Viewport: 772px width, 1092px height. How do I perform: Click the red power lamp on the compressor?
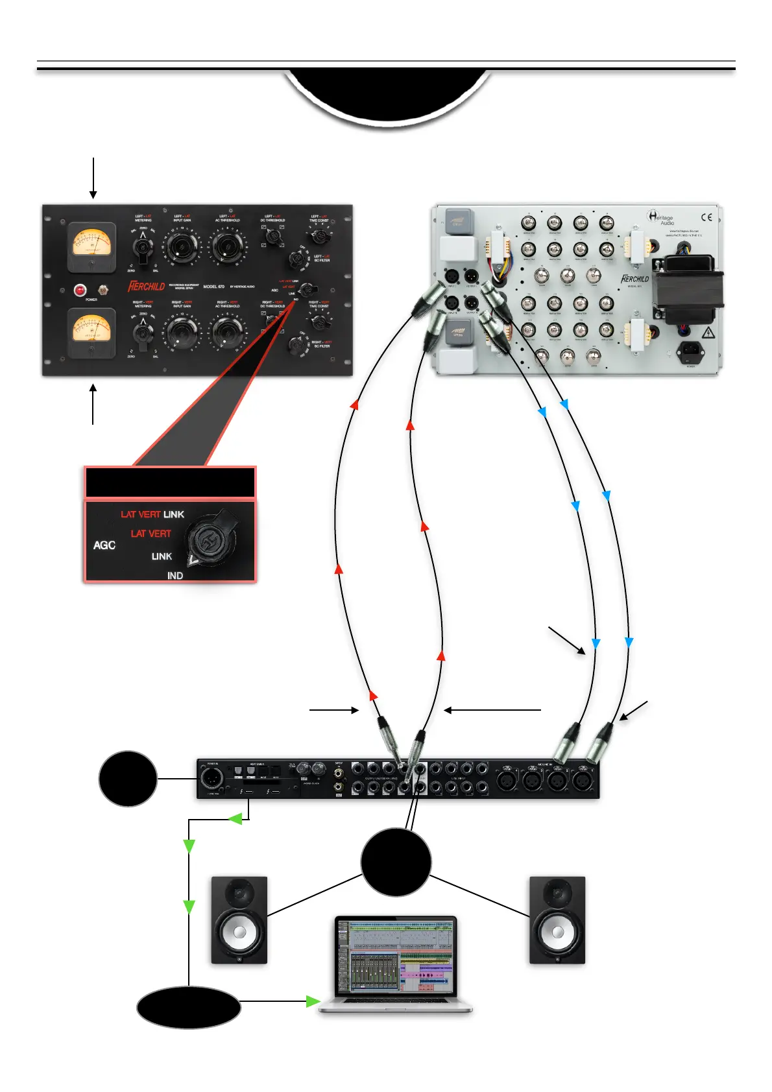80,290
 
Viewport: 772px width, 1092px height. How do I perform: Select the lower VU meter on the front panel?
92,333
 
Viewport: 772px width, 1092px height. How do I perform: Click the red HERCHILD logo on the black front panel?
147,286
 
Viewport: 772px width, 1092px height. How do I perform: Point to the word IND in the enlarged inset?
175,576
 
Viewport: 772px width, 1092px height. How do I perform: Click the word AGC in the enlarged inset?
104,545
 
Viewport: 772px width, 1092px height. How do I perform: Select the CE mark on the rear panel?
706,217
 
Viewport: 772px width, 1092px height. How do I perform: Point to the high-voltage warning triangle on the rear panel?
708,333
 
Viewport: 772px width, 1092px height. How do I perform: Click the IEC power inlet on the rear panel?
690,353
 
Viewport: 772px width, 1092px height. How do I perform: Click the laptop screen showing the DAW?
396,954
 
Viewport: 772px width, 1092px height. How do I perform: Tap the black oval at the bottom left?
189,1007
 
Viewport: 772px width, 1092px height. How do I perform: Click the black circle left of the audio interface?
128,778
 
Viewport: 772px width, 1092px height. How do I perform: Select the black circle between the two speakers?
396,862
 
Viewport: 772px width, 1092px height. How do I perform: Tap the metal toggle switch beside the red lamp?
102,289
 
